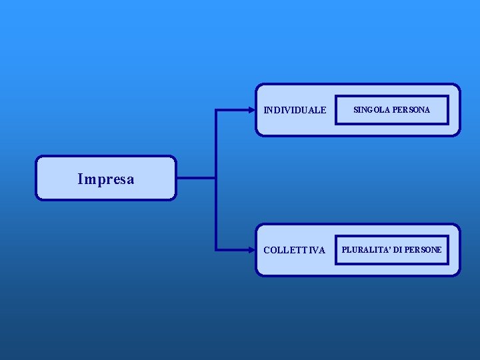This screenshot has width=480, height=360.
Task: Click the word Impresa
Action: tap(105, 179)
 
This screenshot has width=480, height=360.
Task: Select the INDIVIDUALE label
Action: tap(295, 110)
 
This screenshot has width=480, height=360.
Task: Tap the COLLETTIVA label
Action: tap(294, 251)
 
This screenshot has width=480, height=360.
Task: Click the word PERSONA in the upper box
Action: tap(411, 109)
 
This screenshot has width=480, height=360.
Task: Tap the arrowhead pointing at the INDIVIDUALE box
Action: tap(253, 110)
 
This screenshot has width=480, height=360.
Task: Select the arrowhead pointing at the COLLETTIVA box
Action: tap(253, 250)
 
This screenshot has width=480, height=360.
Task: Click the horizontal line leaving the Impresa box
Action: tap(196, 178)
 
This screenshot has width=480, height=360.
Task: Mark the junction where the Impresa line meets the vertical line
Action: tap(217, 178)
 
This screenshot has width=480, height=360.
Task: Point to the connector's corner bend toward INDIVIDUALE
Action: tap(217, 110)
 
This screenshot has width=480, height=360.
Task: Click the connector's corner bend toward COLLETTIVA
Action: tap(217, 250)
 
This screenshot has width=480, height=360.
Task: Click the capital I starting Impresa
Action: tap(80, 179)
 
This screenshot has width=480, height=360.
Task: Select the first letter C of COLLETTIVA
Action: tap(267, 251)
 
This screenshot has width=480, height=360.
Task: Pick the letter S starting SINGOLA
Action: tap(355, 109)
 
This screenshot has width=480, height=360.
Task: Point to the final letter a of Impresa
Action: tap(130, 180)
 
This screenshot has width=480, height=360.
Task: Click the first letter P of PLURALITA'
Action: tap(345, 250)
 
